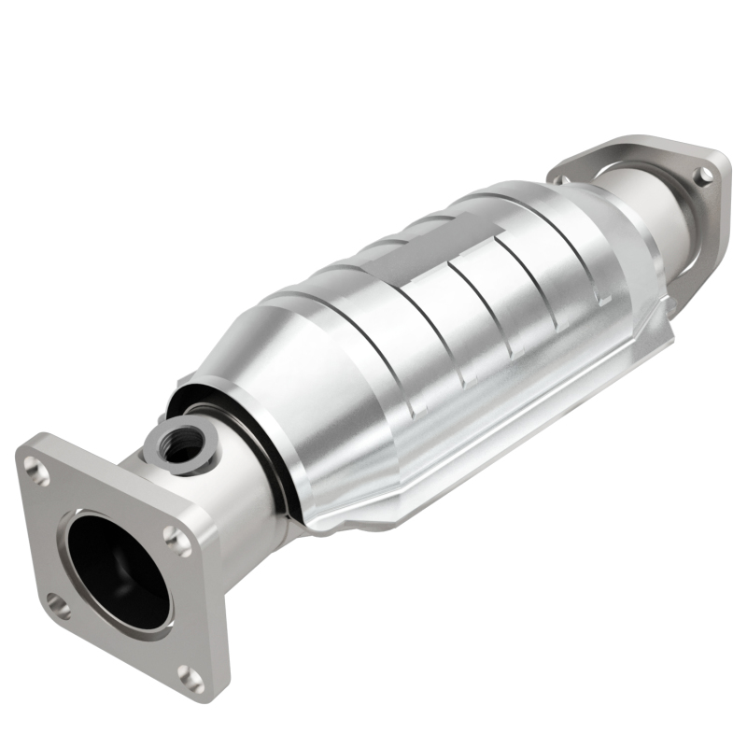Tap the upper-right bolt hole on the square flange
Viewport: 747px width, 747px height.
177,538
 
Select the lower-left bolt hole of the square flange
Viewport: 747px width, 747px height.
58,608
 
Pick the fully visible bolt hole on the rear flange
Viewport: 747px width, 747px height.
704,175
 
